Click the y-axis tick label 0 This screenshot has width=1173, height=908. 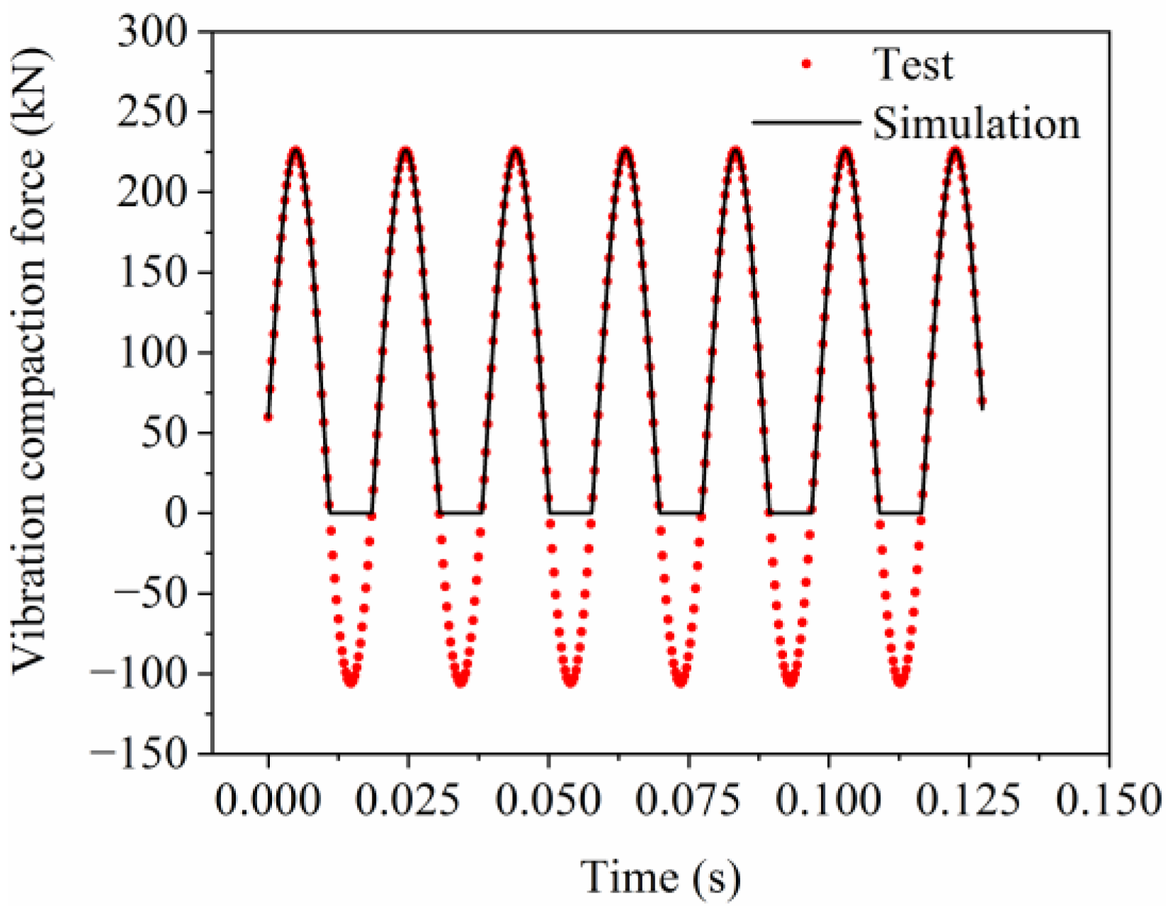click(177, 513)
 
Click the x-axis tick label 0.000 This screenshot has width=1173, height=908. click(268, 800)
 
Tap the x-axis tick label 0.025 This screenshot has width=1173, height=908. click(408, 800)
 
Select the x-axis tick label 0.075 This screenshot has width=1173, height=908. click(688, 800)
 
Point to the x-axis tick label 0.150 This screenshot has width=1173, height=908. click(1109, 800)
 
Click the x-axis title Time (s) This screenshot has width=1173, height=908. click(661, 877)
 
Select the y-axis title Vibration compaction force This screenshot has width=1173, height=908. click(30, 361)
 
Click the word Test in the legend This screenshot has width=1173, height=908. click(913, 64)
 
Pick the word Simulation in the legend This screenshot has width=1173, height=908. click(976, 124)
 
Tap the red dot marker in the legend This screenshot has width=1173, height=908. click(806, 64)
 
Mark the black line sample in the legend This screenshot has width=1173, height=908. click(806, 123)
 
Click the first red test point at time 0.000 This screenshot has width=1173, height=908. click(268, 417)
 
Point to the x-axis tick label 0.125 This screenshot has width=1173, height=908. click(968, 800)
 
